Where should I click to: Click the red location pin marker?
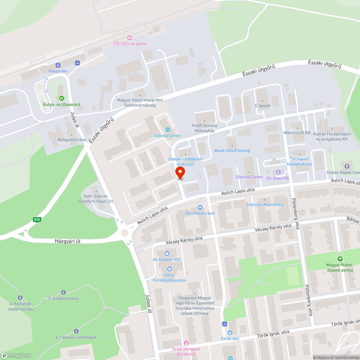point(180,173)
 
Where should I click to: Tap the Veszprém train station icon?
point(58,65)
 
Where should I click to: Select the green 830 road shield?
point(36,219)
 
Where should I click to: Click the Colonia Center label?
point(167,136)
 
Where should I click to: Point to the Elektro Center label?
point(249,177)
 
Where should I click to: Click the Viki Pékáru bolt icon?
point(200,207)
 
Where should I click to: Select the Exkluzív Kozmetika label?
point(265,204)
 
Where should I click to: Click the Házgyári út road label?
point(73,241)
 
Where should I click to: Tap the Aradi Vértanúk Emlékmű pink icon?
point(186,343)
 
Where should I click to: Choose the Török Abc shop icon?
point(230,333)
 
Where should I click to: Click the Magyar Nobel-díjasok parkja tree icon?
point(340,259)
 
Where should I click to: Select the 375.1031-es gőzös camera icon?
point(130,38)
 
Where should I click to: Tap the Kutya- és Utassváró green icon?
point(62,98)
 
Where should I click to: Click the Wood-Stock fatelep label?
point(232,150)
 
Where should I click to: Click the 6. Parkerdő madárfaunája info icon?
point(20,298)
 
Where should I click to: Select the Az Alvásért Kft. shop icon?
point(167,253)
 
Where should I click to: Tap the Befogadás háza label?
point(72,140)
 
